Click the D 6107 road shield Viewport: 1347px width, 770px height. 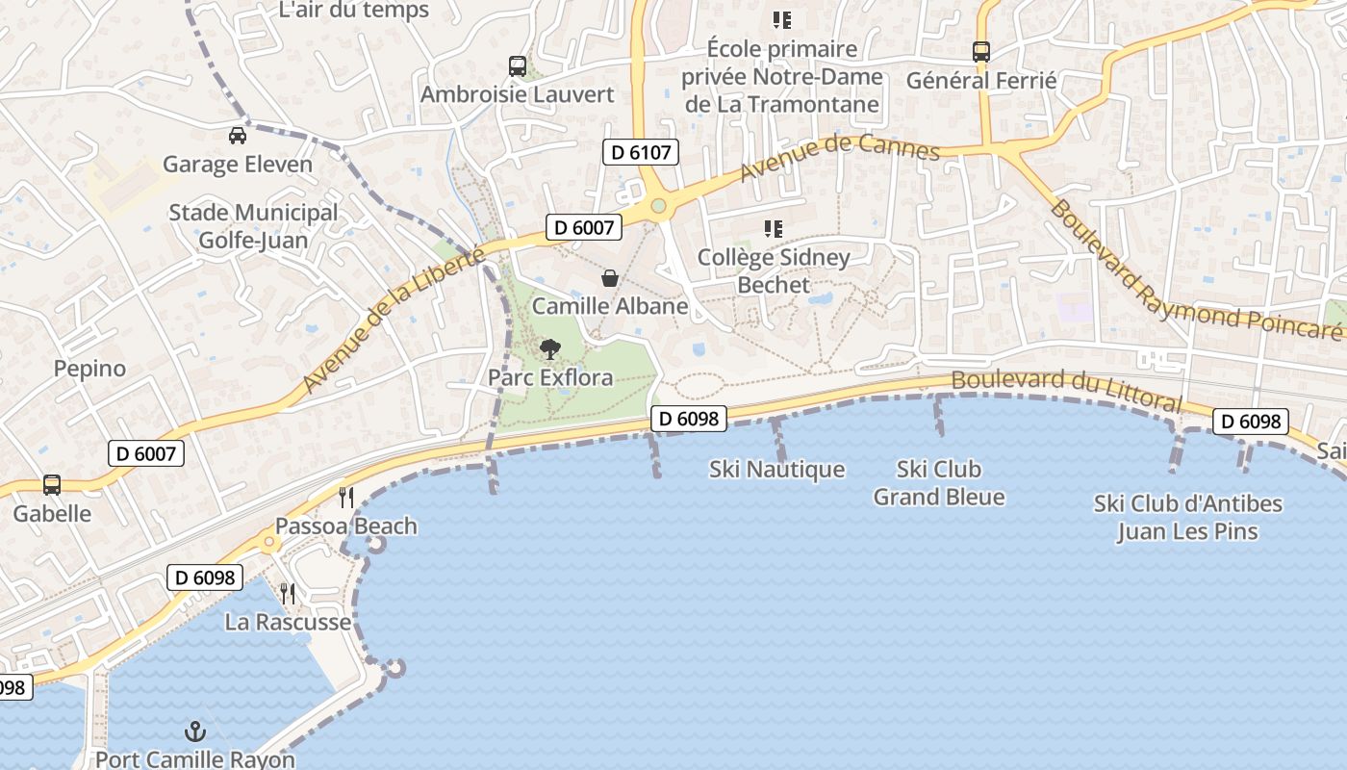click(641, 152)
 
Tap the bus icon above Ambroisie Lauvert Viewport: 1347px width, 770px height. click(518, 66)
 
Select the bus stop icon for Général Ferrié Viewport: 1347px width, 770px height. click(981, 52)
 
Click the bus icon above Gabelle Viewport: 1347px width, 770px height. click(52, 485)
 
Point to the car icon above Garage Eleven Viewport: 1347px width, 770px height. click(238, 136)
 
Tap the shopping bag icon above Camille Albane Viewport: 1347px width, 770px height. click(610, 279)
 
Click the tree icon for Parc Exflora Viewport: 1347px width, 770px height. click(549, 349)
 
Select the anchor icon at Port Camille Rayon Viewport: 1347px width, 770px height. click(195, 731)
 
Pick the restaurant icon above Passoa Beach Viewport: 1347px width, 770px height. click(346, 498)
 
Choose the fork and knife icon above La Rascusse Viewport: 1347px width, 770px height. click(287, 593)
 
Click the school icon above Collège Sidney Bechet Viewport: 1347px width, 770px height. click(774, 229)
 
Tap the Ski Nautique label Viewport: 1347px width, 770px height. click(776, 470)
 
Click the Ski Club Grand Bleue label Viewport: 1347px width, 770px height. click(938, 483)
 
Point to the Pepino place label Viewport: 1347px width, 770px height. click(89, 369)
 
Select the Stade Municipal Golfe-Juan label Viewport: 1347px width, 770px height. click(253, 226)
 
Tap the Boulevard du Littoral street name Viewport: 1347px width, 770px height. click(1066, 387)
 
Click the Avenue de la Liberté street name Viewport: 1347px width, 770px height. click(394, 319)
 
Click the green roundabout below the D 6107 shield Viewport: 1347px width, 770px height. click(658, 206)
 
